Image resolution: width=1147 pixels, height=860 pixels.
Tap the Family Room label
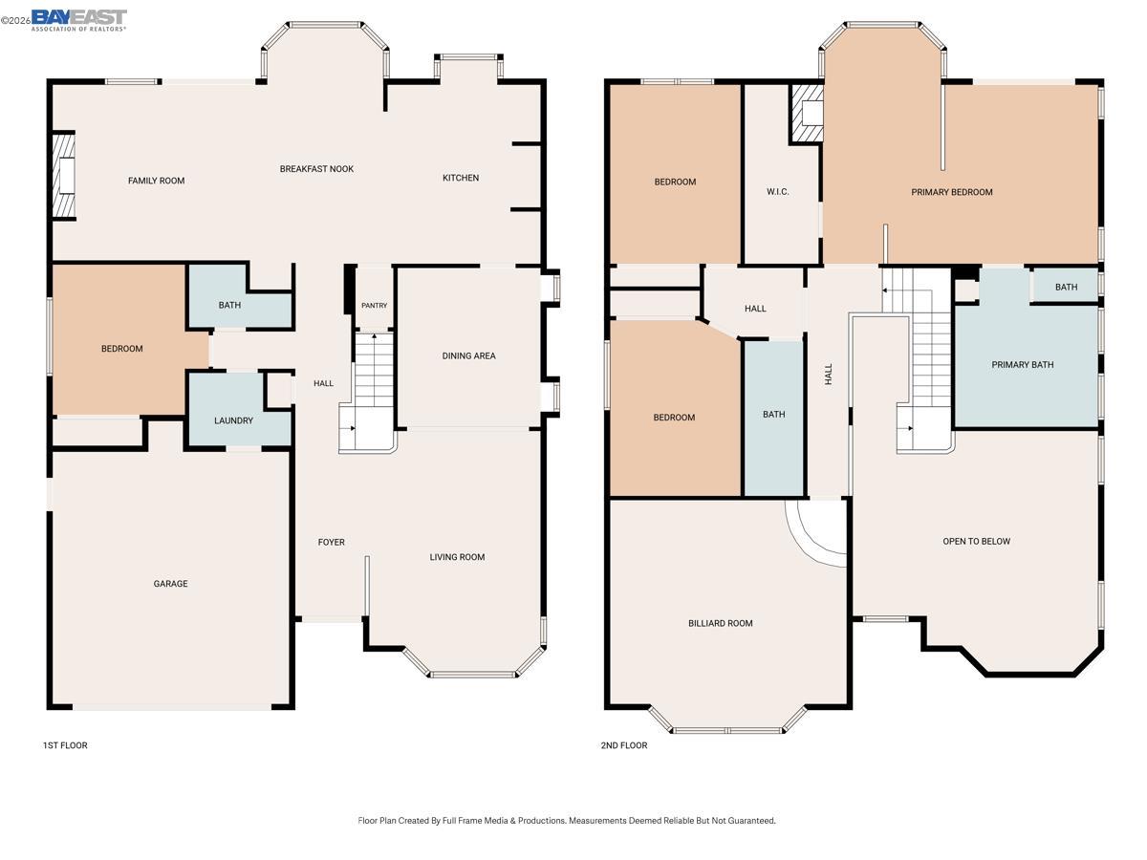pyautogui.click(x=157, y=181)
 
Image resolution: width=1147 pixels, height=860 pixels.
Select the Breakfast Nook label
pyautogui.click(x=316, y=169)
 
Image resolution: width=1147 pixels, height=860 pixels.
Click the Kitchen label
pyautogui.click(x=461, y=178)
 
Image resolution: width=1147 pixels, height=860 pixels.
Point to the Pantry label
pyautogui.click(x=374, y=306)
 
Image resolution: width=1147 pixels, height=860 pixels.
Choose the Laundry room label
pyautogui.click(x=233, y=420)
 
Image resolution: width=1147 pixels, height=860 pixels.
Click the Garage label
pyautogui.click(x=171, y=584)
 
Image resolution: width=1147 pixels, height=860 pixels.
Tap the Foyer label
pyautogui.click(x=331, y=543)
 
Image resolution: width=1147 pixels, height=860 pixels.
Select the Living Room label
pyautogui.click(x=457, y=557)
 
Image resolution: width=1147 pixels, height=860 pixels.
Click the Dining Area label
pyautogui.click(x=468, y=356)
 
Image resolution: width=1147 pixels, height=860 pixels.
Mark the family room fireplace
pyautogui.click(x=64, y=177)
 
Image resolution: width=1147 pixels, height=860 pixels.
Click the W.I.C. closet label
pyautogui.click(x=778, y=192)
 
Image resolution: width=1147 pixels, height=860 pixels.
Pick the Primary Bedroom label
pyautogui.click(x=951, y=192)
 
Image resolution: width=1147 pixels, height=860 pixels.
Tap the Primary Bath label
pyautogui.click(x=1023, y=365)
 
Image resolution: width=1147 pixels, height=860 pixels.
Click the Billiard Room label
pyautogui.click(x=721, y=623)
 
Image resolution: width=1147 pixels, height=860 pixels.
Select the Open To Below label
pyautogui.click(x=976, y=542)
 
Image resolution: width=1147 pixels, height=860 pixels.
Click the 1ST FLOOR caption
pyautogui.click(x=65, y=745)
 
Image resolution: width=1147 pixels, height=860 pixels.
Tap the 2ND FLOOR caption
pyautogui.click(x=623, y=745)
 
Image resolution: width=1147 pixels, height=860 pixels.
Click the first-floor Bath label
pyautogui.click(x=229, y=306)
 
